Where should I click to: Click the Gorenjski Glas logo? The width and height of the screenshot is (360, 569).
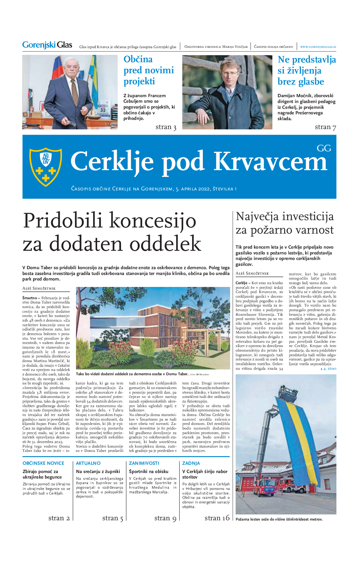47,45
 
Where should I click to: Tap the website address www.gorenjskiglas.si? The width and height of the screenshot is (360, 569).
318,47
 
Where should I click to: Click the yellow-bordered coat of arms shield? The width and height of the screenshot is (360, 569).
45,166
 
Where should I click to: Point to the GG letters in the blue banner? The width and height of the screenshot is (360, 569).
324,148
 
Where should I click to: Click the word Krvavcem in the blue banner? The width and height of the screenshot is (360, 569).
271,162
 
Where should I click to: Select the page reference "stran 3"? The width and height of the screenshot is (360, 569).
166,127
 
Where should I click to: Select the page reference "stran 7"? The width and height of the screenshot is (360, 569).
325,127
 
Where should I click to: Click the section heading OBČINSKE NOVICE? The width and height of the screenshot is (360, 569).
44,463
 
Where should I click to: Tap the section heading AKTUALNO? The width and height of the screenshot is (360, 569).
88,463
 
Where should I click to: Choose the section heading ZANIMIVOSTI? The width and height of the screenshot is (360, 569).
144,463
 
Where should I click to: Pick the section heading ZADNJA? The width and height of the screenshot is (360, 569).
191,463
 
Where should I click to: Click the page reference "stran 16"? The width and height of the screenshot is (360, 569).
217,518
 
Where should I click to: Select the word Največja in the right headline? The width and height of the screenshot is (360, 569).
257,216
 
